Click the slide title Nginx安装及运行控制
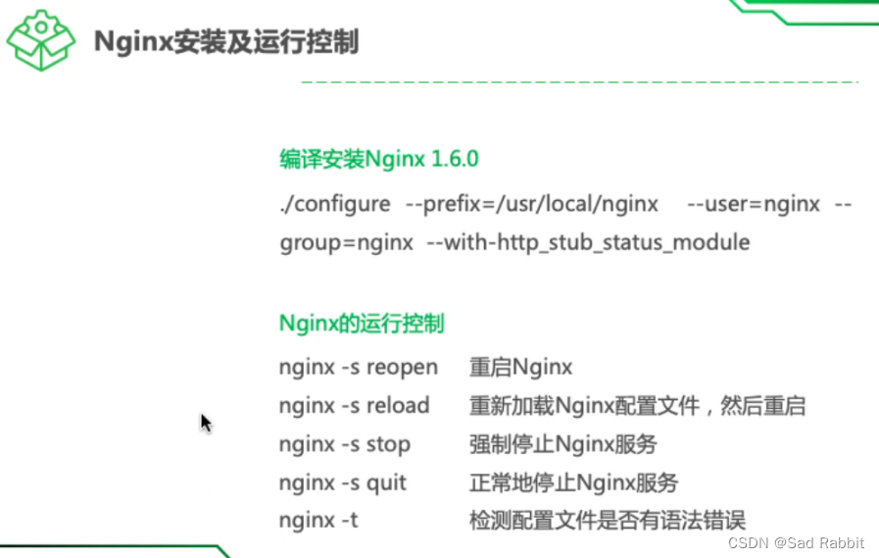click(x=225, y=42)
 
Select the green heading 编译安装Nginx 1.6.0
click(x=378, y=159)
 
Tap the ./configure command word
click(x=334, y=204)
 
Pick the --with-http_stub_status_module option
click(x=588, y=241)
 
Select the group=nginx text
click(x=346, y=241)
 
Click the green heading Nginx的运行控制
click(x=361, y=323)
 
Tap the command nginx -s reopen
click(x=358, y=367)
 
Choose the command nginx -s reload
click(x=354, y=405)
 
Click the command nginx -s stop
click(x=344, y=443)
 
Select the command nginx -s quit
click(x=342, y=482)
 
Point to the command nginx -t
click(x=318, y=520)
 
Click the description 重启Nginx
click(x=520, y=367)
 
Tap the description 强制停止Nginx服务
click(x=562, y=443)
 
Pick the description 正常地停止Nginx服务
click(x=573, y=482)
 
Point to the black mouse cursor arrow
click(x=206, y=423)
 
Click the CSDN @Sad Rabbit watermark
click(x=797, y=542)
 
